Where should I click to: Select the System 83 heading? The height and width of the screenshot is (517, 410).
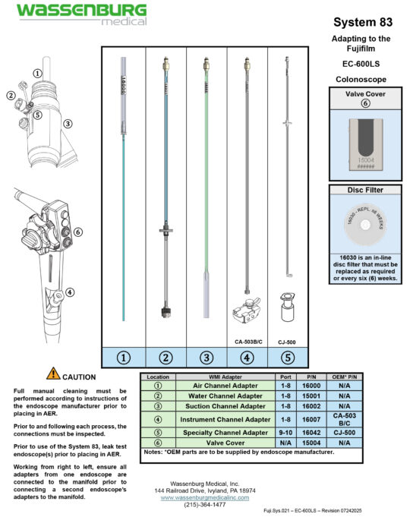361,22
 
